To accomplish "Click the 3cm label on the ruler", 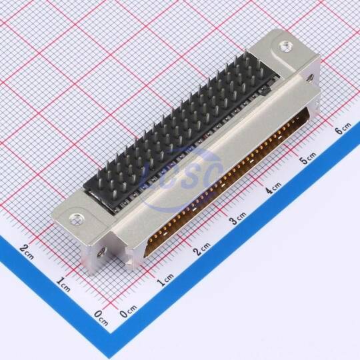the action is [238, 217].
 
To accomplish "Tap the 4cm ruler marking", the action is [273, 187].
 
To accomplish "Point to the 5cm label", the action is [309, 158].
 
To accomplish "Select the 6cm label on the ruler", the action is [343, 128].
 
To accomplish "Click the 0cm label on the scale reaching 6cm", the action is [128, 311].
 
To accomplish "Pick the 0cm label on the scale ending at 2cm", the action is [101, 318].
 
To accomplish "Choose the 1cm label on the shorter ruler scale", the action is [63, 284].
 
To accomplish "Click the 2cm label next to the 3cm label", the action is [202, 249].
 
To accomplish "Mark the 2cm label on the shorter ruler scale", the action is [27, 251].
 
